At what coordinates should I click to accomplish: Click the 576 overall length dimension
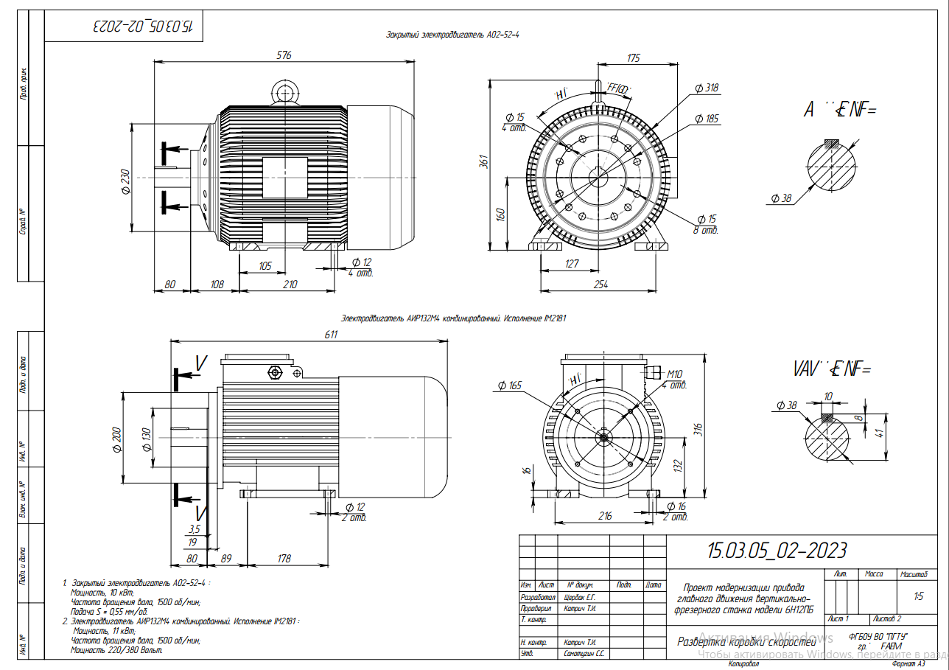tap(284, 55)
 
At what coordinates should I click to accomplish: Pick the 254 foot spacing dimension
tap(600, 285)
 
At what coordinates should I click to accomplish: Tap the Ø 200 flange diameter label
tap(116, 439)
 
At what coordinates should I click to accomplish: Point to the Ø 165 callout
tap(509, 385)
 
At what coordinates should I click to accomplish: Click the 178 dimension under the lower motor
tap(284, 559)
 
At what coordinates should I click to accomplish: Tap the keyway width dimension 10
tap(827, 397)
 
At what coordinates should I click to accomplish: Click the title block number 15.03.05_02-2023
tap(777, 550)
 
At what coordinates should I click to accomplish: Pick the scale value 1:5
tap(917, 596)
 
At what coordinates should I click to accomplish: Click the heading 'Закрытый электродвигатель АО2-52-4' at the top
tap(452, 35)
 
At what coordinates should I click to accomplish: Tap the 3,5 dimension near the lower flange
tap(195, 529)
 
